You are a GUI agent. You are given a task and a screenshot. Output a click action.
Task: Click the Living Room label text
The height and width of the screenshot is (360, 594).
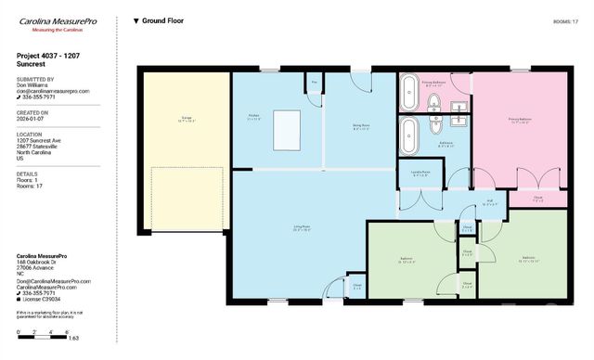pyautogui.click(x=277, y=227)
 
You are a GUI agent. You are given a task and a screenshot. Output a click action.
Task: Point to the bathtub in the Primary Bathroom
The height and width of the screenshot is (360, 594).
pyautogui.click(x=410, y=93)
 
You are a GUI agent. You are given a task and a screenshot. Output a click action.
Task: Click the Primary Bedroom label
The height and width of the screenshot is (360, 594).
pyautogui.click(x=520, y=120)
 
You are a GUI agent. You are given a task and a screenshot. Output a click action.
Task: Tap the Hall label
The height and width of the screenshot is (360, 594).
pyautogui.click(x=489, y=201)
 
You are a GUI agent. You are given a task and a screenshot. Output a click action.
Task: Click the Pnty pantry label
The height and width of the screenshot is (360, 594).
pyautogui.click(x=314, y=84)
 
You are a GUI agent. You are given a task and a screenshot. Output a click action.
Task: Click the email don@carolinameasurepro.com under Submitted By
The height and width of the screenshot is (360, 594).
pyautogui.click(x=53, y=91)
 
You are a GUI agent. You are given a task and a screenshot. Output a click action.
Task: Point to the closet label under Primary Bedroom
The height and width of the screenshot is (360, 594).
pyautogui.click(x=538, y=198)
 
